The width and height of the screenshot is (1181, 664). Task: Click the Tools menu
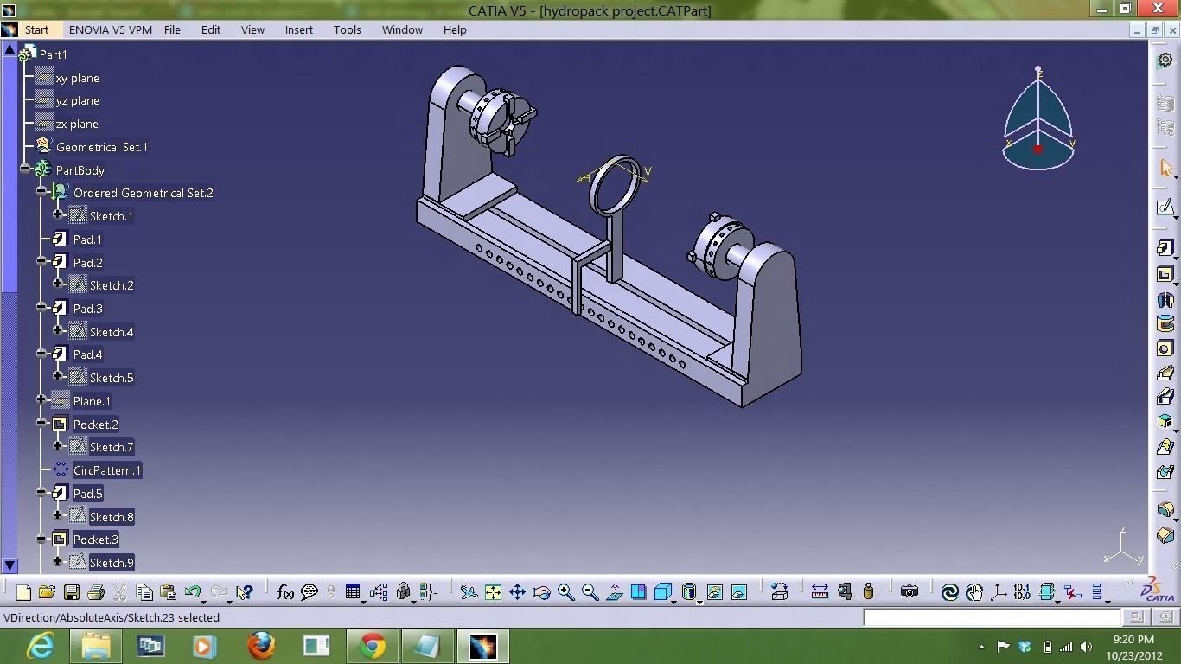(x=347, y=29)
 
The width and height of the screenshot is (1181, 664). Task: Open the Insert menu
(x=298, y=29)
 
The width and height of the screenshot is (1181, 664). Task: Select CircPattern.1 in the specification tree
(x=106, y=470)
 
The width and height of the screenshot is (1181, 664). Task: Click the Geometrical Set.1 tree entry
(x=101, y=147)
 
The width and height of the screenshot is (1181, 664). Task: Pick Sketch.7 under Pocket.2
(x=111, y=447)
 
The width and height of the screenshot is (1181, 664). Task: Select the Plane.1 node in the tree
(x=92, y=401)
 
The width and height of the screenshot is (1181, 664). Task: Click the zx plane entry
(x=76, y=124)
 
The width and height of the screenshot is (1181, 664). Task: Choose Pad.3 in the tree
(x=87, y=309)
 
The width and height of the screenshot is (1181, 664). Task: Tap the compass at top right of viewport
(x=1037, y=121)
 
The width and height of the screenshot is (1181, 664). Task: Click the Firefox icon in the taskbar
(x=260, y=646)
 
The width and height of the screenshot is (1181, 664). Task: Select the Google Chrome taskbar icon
(x=373, y=646)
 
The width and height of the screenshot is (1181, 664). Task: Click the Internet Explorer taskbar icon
(x=40, y=646)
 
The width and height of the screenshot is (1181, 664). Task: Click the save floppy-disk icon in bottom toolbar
(x=72, y=592)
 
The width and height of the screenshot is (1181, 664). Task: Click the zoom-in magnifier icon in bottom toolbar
(x=565, y=592)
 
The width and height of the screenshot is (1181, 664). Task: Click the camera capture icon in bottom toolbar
(x=909, y=592)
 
